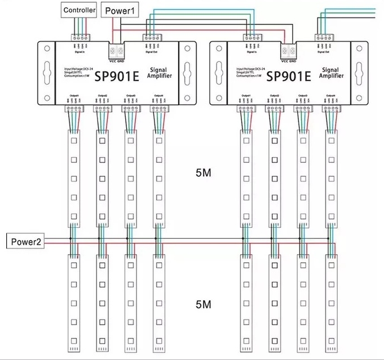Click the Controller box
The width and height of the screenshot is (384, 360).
tap(80, 10)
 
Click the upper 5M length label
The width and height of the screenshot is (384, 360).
tap(203, 174)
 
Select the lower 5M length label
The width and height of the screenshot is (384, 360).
tap(203, 305)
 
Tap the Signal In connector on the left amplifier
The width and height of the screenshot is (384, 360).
tap(80, 38)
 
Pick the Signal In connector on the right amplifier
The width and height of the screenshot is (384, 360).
tap(251, 38)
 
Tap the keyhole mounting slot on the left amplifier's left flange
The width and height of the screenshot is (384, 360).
tap(46, 73)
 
